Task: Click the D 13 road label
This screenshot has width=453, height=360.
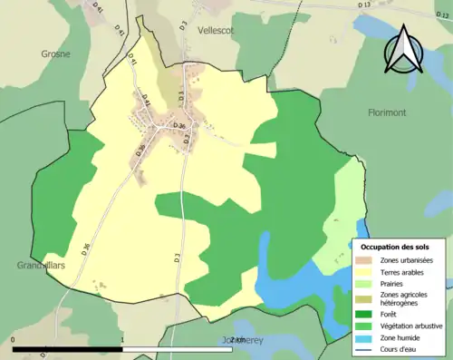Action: (x=364, y=5)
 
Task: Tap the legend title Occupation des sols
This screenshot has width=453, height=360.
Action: (x=395, y=247)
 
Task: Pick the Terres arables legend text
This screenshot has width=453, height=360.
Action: (x=405, y=271)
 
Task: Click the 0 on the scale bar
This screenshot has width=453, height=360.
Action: (x=13, y=341)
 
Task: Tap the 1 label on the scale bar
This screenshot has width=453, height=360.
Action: (x=122, y=341)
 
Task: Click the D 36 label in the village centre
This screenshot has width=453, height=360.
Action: (x=179, y=126)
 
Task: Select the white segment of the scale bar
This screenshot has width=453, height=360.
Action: (x=177, y=349)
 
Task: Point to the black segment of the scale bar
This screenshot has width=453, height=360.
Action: (x=68, y=349)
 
